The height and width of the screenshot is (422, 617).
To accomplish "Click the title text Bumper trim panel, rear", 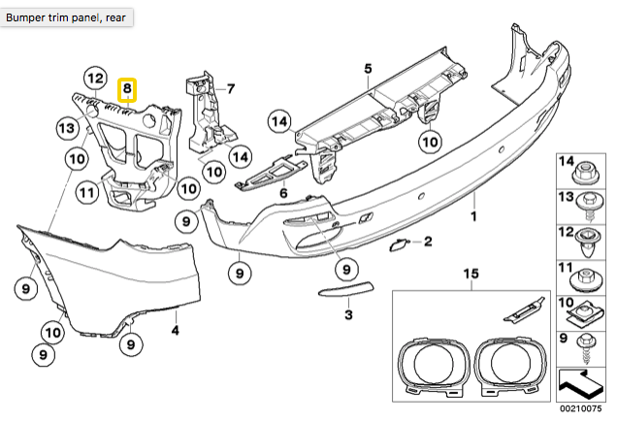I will click(x=65, y=16).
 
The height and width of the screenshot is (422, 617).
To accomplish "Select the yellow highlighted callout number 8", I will click(x=126, y=90).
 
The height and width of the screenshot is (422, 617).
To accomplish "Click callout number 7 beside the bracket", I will click(x=231, y=88).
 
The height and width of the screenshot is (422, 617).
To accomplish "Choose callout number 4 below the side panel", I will click(x=175, y=331).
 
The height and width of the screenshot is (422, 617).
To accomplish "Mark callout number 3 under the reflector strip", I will click(x=349, y=315).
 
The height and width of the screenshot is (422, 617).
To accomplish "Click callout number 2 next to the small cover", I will click(x=427, y=240).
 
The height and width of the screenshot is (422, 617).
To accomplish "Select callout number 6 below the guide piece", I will click(x=283, y=194).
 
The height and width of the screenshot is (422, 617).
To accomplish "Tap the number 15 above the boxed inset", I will click(x=471, y=275).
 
